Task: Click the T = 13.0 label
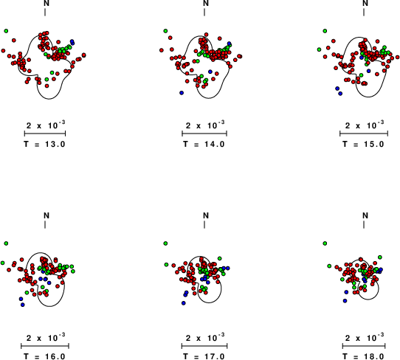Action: click(45, 144)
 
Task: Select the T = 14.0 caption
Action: click(204, 144)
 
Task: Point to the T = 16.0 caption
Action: click(45, 356)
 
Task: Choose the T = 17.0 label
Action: click(204, 356)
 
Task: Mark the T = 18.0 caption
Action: click(363, 356)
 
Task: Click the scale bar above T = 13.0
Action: click(45, 134)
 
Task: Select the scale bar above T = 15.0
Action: click(364, 134)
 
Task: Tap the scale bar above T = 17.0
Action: click(204, 346)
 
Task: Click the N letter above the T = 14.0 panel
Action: click(206, 3)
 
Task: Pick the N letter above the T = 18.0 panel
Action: click(365, 215)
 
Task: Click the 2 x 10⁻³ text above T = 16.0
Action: click(46, 337)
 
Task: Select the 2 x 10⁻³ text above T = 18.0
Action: click(365, 337)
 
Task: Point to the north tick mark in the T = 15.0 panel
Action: click(364, 13)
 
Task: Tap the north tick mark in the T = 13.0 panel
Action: click(45, 13)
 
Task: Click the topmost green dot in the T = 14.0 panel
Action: click(165, 31)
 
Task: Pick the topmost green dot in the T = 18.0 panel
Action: click(325, 243)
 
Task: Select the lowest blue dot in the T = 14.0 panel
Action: click(182, 93)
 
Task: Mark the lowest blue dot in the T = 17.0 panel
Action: click(184, 303)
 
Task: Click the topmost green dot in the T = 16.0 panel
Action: click(6, 243)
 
